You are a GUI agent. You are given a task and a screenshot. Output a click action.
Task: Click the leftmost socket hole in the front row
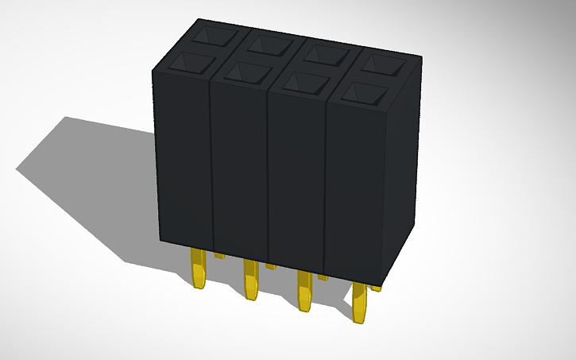click(x=193, y=64)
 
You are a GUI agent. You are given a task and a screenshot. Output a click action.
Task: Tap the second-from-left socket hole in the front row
click(x=248, y=73)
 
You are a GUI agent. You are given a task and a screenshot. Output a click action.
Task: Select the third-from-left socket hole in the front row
click(x=306, y=83)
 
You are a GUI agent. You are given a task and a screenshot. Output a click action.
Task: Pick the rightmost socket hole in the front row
click(x=365, y=93)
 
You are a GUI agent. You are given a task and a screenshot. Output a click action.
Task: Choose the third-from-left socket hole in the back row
click(x=325, y=53)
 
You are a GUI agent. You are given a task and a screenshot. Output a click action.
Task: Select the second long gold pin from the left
click(x=251, y=279)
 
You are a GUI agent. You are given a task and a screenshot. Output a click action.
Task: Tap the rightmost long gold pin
click(x=360, y=301)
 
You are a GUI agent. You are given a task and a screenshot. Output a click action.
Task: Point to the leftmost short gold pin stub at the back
click(x=218, y=255)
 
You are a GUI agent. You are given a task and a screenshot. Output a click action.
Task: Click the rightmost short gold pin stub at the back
click(x=377, y=287)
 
